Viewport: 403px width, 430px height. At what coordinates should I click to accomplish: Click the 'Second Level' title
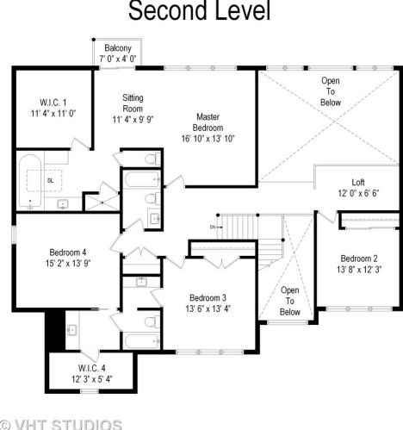click(x=200, y=10)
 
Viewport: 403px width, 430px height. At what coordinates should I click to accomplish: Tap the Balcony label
click(x=118, y=48)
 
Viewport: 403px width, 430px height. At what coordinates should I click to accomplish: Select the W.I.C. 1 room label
click(x=53, y=103)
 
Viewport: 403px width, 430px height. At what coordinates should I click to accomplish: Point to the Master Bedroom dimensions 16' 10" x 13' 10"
click(x=208, y=139)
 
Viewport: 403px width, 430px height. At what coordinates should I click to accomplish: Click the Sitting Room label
click(x=133, y=103)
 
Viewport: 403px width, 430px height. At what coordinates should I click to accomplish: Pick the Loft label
click(x=358, y=183)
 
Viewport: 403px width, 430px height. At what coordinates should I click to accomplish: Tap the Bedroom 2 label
click(x=359, y=259)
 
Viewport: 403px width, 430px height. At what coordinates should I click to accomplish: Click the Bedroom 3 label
click(x=208, y=298)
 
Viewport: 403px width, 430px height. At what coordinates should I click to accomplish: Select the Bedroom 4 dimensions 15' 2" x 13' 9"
click(x=68, y=264)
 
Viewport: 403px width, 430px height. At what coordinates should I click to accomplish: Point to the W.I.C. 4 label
click(x=92, y=368)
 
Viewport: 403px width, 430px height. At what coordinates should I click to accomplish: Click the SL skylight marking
click(x=50, y=181)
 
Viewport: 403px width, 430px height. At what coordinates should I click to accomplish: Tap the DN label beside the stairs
click(x=213, y=227)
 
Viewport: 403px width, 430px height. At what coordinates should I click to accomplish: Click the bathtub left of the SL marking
click(x=30, y=181)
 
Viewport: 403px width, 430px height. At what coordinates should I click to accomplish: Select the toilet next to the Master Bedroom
click(x=153, y=159)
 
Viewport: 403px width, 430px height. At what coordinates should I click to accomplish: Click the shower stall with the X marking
click(x=102, y=203)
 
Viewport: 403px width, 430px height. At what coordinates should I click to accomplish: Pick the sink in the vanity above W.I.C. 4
click(x=71, y=330)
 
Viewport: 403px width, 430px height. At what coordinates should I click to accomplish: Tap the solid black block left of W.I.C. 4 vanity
click(x=55, y=331)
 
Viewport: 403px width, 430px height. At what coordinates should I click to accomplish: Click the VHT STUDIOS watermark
click(x=61, y=425)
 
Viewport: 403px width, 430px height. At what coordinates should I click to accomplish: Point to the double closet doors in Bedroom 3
click(x=221, y=263)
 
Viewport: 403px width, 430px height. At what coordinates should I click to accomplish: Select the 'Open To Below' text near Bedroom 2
click(x=290, y=301)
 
